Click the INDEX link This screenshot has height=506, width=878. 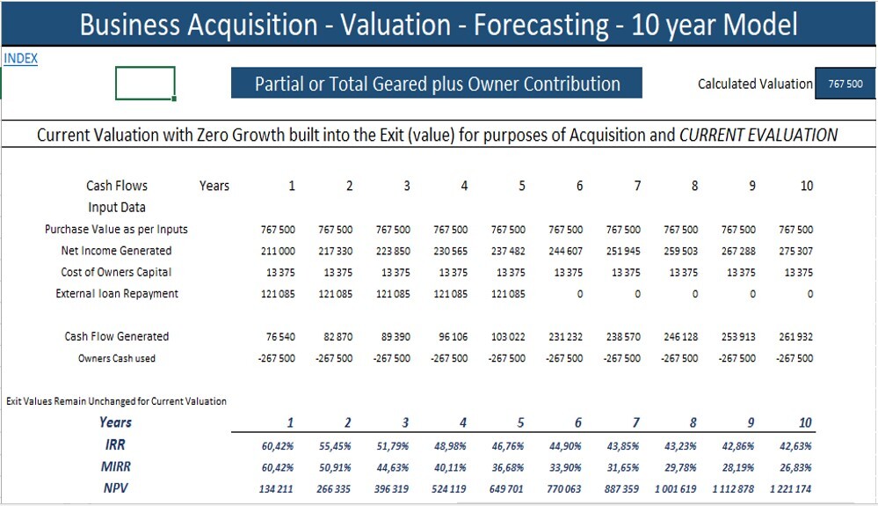20,59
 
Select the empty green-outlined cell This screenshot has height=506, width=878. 145,84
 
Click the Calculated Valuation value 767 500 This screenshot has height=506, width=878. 845,84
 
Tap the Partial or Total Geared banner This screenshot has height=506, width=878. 437,84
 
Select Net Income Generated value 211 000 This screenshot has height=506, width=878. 279,251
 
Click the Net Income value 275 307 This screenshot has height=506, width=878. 795,251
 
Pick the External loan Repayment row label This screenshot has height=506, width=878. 117,294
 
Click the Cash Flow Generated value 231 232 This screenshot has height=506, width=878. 565,337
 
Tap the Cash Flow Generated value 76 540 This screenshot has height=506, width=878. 280,337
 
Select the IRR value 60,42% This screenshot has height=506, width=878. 279,445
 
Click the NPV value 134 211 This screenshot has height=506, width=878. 278,488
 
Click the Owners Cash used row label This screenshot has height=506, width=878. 117,358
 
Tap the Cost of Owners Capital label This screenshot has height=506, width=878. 117,273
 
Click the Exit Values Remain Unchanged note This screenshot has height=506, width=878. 116,401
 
